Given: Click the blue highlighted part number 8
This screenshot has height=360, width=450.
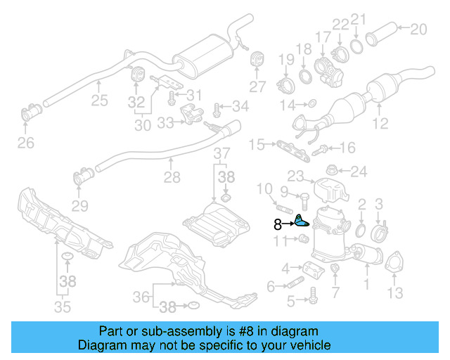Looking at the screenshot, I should click(x=301, y=221).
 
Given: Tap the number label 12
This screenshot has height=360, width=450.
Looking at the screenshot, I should click(x=380, y=125).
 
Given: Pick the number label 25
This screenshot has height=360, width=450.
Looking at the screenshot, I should click(x=99, y=101).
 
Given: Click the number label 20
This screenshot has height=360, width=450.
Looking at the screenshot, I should click(x=418, y=29).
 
